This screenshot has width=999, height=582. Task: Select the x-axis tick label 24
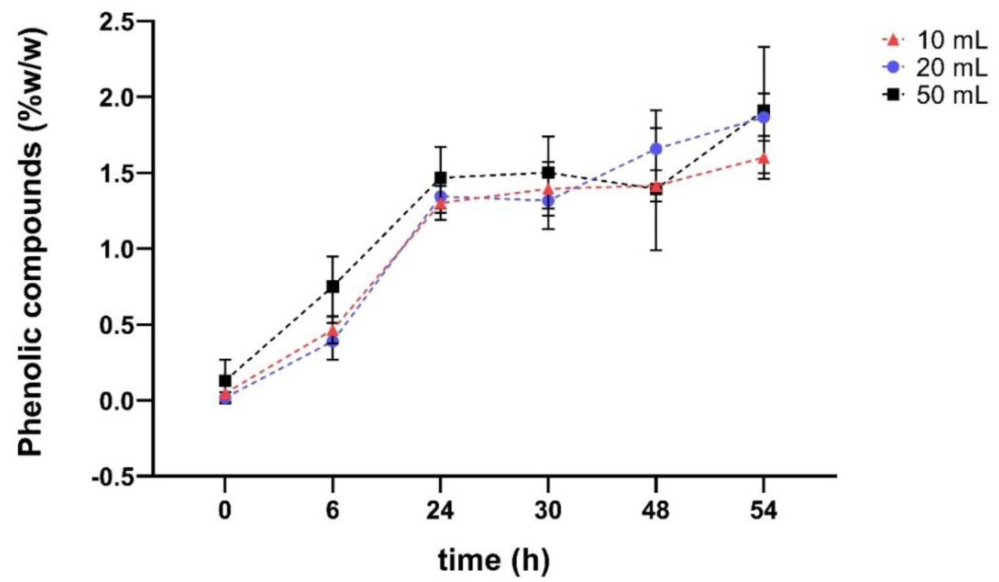[440, 511]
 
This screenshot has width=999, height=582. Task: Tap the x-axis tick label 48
[656, 511]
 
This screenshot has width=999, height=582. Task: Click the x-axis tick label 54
[764, 511]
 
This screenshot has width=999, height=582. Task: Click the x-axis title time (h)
[494, 561]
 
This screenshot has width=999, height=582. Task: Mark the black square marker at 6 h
[333, 287]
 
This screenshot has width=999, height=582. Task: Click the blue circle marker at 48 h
[656, 149]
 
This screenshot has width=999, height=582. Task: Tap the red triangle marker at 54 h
[764, 159]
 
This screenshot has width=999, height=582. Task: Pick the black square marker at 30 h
[548, 172]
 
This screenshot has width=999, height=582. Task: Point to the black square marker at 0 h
[225, 381]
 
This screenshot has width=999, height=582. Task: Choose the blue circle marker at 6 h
[333, 341]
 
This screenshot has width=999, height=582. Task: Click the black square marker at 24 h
[440, 178]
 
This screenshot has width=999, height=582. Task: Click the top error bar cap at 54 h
[764, 47]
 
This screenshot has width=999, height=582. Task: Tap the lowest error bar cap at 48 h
[656, 250]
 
